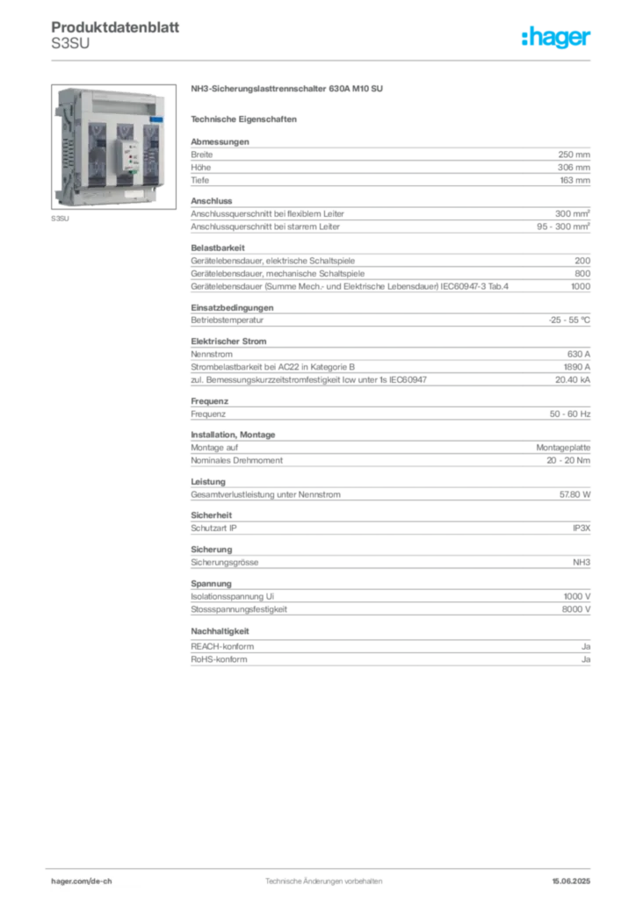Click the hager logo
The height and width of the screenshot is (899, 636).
point(556,37)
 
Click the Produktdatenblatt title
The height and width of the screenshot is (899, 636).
point(115,27)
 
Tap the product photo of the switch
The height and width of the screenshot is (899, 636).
point(113,147)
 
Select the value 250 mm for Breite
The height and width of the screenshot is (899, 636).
point(574,155)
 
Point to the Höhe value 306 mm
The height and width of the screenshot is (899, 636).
point(574,168)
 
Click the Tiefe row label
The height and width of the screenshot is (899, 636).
point(200,180)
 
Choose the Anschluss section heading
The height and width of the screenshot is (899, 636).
point(212,201)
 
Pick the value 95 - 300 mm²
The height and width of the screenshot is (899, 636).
point(564,227)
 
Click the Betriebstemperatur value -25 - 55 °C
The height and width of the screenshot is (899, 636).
point(569,320)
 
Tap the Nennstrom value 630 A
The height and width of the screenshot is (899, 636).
point(579,355)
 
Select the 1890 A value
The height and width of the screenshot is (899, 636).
point(577,367)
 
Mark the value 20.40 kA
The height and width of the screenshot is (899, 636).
point(573,379)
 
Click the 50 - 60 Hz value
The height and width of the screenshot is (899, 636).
point(570,414)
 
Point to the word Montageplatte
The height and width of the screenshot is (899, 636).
point(563,447)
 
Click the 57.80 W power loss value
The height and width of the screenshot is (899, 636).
point(575,494)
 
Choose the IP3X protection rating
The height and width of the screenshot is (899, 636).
point(582,528)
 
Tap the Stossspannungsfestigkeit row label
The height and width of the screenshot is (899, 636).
point(239,609)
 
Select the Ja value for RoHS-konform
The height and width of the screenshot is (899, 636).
point(586,659)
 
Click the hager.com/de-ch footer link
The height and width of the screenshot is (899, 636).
point(82,881)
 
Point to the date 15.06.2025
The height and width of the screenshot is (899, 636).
point(571,881)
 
